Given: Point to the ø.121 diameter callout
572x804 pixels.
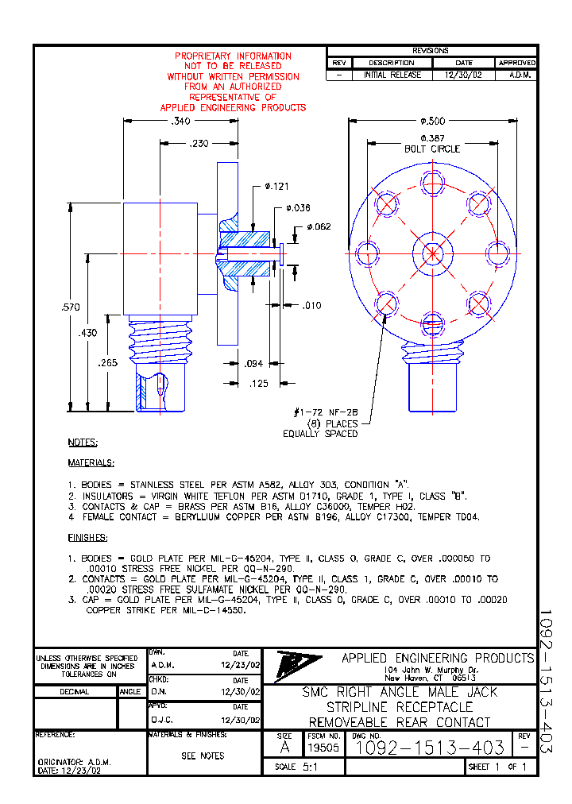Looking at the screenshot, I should [276, 187].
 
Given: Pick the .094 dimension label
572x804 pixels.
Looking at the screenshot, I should [253, 364].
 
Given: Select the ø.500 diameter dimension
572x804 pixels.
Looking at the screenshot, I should [433, 121].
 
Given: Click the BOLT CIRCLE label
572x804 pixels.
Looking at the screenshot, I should [433, 149].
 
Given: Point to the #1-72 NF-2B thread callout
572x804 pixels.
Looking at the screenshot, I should [326, 412].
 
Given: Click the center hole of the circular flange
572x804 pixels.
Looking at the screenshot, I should [432, 253].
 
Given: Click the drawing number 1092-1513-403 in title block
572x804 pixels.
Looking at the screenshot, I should [428, 748].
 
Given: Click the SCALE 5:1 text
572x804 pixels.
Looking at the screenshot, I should [296, 767].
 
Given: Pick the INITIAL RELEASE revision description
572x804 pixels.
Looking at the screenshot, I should [392, 75].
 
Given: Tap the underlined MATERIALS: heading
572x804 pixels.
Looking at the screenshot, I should [91, 462].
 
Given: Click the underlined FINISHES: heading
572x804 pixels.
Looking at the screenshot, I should [87, 538].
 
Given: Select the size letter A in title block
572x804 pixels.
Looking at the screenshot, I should [285, 748].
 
